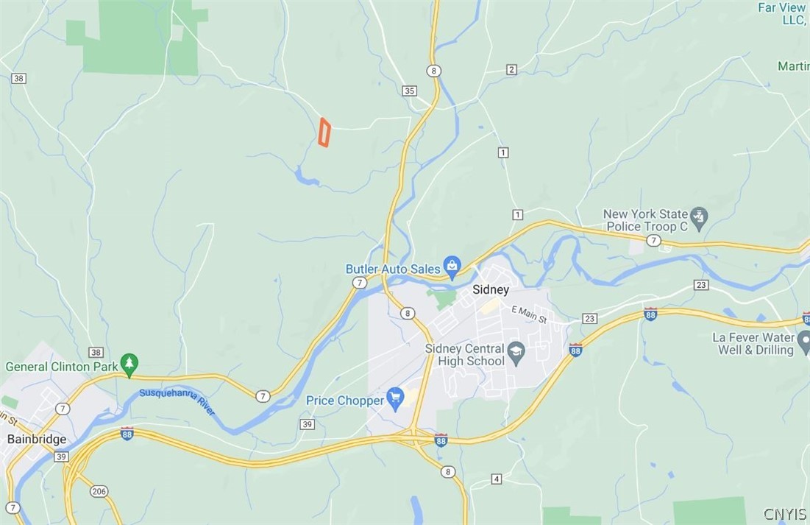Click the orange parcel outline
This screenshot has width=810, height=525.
click(x=324, y=133)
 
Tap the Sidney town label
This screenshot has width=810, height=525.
click(x=491, y=290)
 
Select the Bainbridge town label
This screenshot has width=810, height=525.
click(x=37, y=439)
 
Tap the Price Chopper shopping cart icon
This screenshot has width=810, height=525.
click(x=395, y=398)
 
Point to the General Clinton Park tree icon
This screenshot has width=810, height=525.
click(x=129, y=362)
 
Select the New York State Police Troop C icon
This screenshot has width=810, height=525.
click(x=699, y=217)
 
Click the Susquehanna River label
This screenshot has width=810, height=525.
click(x=177, y=401)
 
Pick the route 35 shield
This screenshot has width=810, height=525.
click(x=410, y=91)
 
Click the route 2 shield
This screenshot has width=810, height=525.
click(x=511, y=70)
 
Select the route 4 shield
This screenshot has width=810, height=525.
click(x=497, y=479)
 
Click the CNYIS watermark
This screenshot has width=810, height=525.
click(x=784, y=514)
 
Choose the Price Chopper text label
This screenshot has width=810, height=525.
click(x=345, y=401)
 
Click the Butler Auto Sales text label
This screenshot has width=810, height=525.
click(x=393, y=269)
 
